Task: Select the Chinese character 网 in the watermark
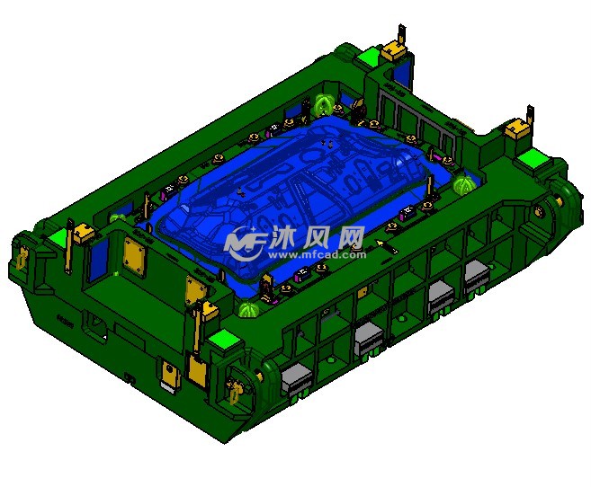[x=349, y=237]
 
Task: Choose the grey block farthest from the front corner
[x=478, y=275]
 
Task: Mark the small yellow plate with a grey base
[x=170, y=372]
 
